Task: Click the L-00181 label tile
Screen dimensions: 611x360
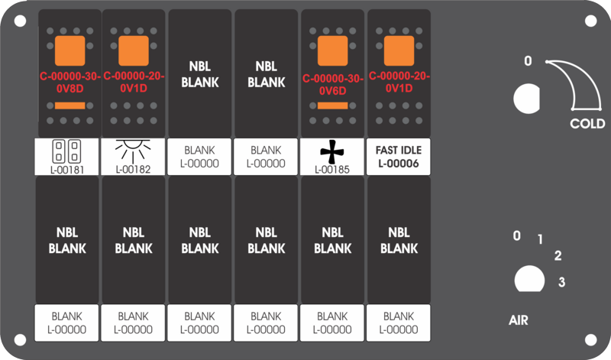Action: [66, 157]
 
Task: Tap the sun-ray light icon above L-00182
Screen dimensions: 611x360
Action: [133, 151]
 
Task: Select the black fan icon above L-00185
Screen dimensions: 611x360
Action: [332, 151]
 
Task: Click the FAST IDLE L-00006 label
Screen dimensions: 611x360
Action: [399, 157]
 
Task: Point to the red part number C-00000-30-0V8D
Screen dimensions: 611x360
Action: [70, 83]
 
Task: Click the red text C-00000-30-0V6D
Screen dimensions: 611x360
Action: [332, 85]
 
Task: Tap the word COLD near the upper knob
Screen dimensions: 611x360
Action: [587, 124]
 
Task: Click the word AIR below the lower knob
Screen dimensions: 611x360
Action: [519, 320]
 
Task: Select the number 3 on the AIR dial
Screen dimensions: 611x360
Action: [561, 282]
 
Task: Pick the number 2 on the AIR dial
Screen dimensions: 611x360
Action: [558, 256]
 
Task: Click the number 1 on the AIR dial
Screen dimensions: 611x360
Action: [540, 239]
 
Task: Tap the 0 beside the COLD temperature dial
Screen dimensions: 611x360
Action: [528, 61]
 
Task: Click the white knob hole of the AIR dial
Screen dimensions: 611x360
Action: [529, 279]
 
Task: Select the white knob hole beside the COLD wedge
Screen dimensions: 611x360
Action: [527, 99]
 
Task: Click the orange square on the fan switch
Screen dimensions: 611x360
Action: [332, 51]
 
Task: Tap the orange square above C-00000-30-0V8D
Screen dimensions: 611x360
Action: [70, 51]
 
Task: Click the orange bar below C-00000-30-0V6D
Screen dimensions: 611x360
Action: [332, 105]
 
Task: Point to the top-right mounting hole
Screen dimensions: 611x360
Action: [590, 21]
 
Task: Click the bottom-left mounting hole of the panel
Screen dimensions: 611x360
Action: [20, 340]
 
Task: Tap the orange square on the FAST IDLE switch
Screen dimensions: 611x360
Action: [399, 51]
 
